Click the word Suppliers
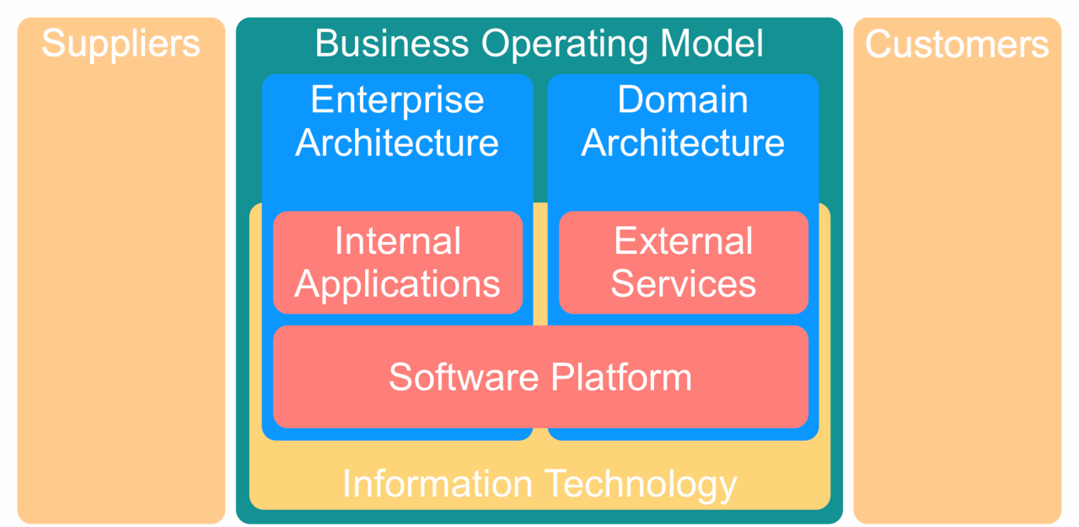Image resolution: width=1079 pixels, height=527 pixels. click(x=121, y=43)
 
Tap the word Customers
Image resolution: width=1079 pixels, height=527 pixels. click(x=957, y=44)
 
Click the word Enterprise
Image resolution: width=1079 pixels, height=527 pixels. click(x=397, y=100)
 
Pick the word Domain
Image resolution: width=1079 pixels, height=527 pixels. click(x=683, y=100)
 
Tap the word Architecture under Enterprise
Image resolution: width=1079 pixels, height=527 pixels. click(x=397, y=143)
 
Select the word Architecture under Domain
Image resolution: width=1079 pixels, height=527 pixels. click(x=683, y=143)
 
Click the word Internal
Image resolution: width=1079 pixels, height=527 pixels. click(x=398, y=242)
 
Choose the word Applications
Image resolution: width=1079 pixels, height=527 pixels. click(x=398, y=284)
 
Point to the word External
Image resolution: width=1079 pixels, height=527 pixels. click(x=684, y=242)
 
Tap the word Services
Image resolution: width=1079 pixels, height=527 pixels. click(x=684, y=284)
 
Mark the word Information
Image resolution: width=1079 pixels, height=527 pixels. click(x=438, y=484)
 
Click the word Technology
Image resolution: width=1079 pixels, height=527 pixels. click(x=641, y=484)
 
